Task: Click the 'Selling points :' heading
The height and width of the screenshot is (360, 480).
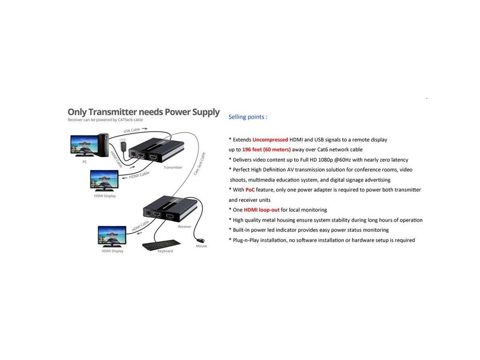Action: [247, 117]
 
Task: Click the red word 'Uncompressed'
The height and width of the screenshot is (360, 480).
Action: [270, 140]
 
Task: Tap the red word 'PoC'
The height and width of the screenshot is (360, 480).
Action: [250, 190]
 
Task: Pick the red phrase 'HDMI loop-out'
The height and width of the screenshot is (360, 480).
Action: [262, 210]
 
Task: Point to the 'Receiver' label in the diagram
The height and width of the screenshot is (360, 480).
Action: [184, 226]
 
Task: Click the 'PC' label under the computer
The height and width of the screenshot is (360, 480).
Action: [84, 162]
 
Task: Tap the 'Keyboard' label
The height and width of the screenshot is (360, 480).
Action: [165, 251]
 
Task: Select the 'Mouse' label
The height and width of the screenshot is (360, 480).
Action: [202, 246]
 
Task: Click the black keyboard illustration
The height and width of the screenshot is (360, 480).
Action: [161, 244]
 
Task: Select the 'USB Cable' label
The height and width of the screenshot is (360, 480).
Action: [132, 130]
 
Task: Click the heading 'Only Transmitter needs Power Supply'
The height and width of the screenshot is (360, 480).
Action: [143, 112]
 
